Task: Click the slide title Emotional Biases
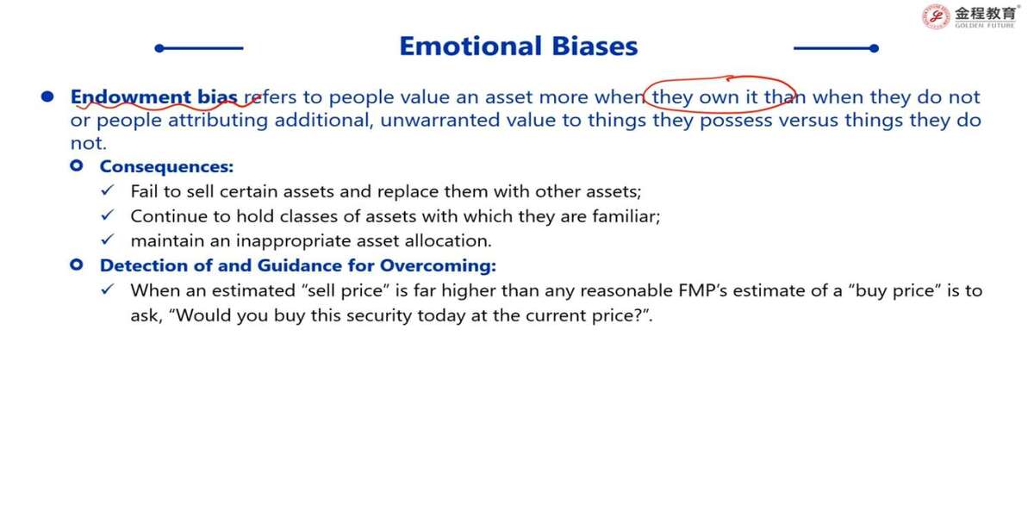point(519,47)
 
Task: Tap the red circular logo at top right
point(936,16)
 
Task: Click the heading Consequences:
point(166,166)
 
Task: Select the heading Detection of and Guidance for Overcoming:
point(298,265)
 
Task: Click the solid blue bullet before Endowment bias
point(47,97)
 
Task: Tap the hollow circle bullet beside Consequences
point(77,165)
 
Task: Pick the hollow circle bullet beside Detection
point(77,265)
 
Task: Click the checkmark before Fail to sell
point(108,190)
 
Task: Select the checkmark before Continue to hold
point(108,215)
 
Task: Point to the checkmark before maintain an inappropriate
point(108,240)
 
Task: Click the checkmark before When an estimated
point(108,290)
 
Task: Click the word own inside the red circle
point(719,97)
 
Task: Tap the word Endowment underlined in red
point(131,97)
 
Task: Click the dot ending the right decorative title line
point(874,48)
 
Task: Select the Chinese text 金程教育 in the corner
point(986,14)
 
